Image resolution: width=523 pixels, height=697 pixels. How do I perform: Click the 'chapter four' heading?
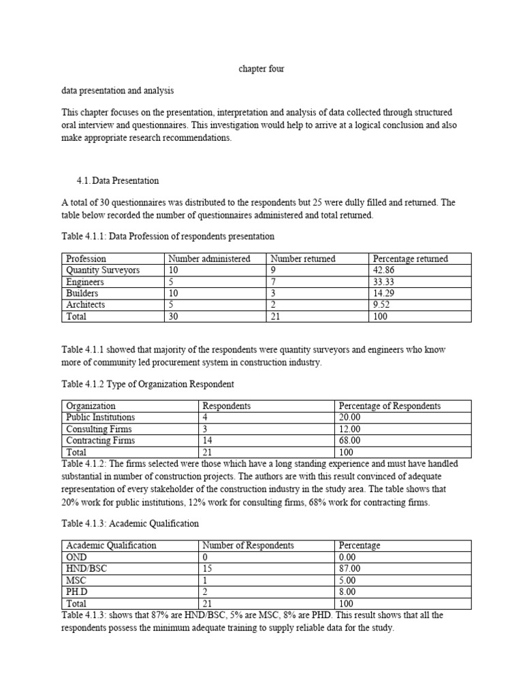[x=261, y=69]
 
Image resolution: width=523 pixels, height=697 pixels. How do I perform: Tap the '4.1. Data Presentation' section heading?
[x=118, y=180]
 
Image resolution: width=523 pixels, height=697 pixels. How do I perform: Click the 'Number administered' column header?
[x=209, y=259]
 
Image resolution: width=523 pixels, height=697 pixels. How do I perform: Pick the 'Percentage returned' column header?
[x=410, y=259]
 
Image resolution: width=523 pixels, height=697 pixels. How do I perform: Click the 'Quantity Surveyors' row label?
[x=103, y=270]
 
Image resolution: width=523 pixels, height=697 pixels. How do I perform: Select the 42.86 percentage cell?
[x=385, y=270]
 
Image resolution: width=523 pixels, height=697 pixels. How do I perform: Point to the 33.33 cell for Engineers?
[x=385, y=282]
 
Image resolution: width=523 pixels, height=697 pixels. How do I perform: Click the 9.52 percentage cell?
[x=382, y=305]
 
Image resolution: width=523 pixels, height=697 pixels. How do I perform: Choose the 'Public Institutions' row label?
[x=100, y=417]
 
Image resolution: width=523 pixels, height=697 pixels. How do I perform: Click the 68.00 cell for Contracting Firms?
[x=351, y=440]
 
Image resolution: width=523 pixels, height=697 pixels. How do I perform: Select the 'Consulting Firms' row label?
[x=99, y=429]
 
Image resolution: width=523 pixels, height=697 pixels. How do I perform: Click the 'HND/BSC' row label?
[x=85, y=568]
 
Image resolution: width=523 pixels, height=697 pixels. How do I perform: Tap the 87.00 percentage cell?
[x=351, y=568]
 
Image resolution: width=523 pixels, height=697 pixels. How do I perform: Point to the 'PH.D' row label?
[x=78, y=591]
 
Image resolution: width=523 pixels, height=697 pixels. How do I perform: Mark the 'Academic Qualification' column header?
[x=111, y=545]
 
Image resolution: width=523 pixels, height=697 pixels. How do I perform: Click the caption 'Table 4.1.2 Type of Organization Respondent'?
[x=148, y=384]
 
